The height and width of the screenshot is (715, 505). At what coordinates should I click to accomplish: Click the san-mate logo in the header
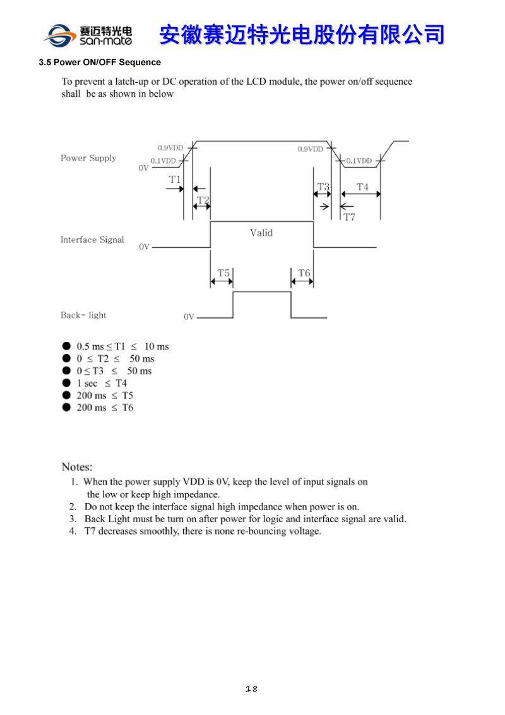[x=88, y=35]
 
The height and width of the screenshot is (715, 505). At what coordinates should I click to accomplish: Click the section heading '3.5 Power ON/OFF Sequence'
[x=100, y=63]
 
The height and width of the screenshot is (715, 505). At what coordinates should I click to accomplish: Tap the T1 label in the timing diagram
[x=175, y=180]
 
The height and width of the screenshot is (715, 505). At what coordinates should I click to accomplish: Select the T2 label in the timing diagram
[x=203, y=200]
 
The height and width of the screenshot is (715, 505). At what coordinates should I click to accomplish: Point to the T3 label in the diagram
[x=323, y=187]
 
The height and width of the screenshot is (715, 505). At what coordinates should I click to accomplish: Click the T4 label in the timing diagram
[x=362, y=187]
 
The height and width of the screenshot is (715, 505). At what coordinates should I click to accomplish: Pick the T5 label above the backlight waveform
[x=223, y=273]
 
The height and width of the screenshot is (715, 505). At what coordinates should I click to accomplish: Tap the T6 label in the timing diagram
[x=304, y=273]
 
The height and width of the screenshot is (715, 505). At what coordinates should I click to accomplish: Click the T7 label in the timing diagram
[x=349, y=217]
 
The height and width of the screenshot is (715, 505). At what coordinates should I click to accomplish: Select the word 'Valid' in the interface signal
[x=261, y=233]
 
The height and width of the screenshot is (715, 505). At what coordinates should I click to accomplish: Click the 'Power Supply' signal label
[x=88, y=158]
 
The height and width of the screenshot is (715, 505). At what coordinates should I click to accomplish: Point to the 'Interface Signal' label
[x=92, y=240]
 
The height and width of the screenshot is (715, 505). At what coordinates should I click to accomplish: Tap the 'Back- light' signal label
[x=83, y=315]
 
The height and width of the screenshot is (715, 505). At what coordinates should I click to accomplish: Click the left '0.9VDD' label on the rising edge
[x=170, y=148]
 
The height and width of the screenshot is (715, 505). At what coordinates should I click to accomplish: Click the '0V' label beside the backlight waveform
[x=189, y=317]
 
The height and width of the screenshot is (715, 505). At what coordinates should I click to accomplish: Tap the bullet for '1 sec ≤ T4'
[x=66, y=383]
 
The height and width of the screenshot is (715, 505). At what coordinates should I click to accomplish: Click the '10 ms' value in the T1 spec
[x=157, y=346]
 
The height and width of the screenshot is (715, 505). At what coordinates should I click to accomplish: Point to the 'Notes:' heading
[x=77, y=467]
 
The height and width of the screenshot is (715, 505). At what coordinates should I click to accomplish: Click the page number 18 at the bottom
[x=251, y=688]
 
